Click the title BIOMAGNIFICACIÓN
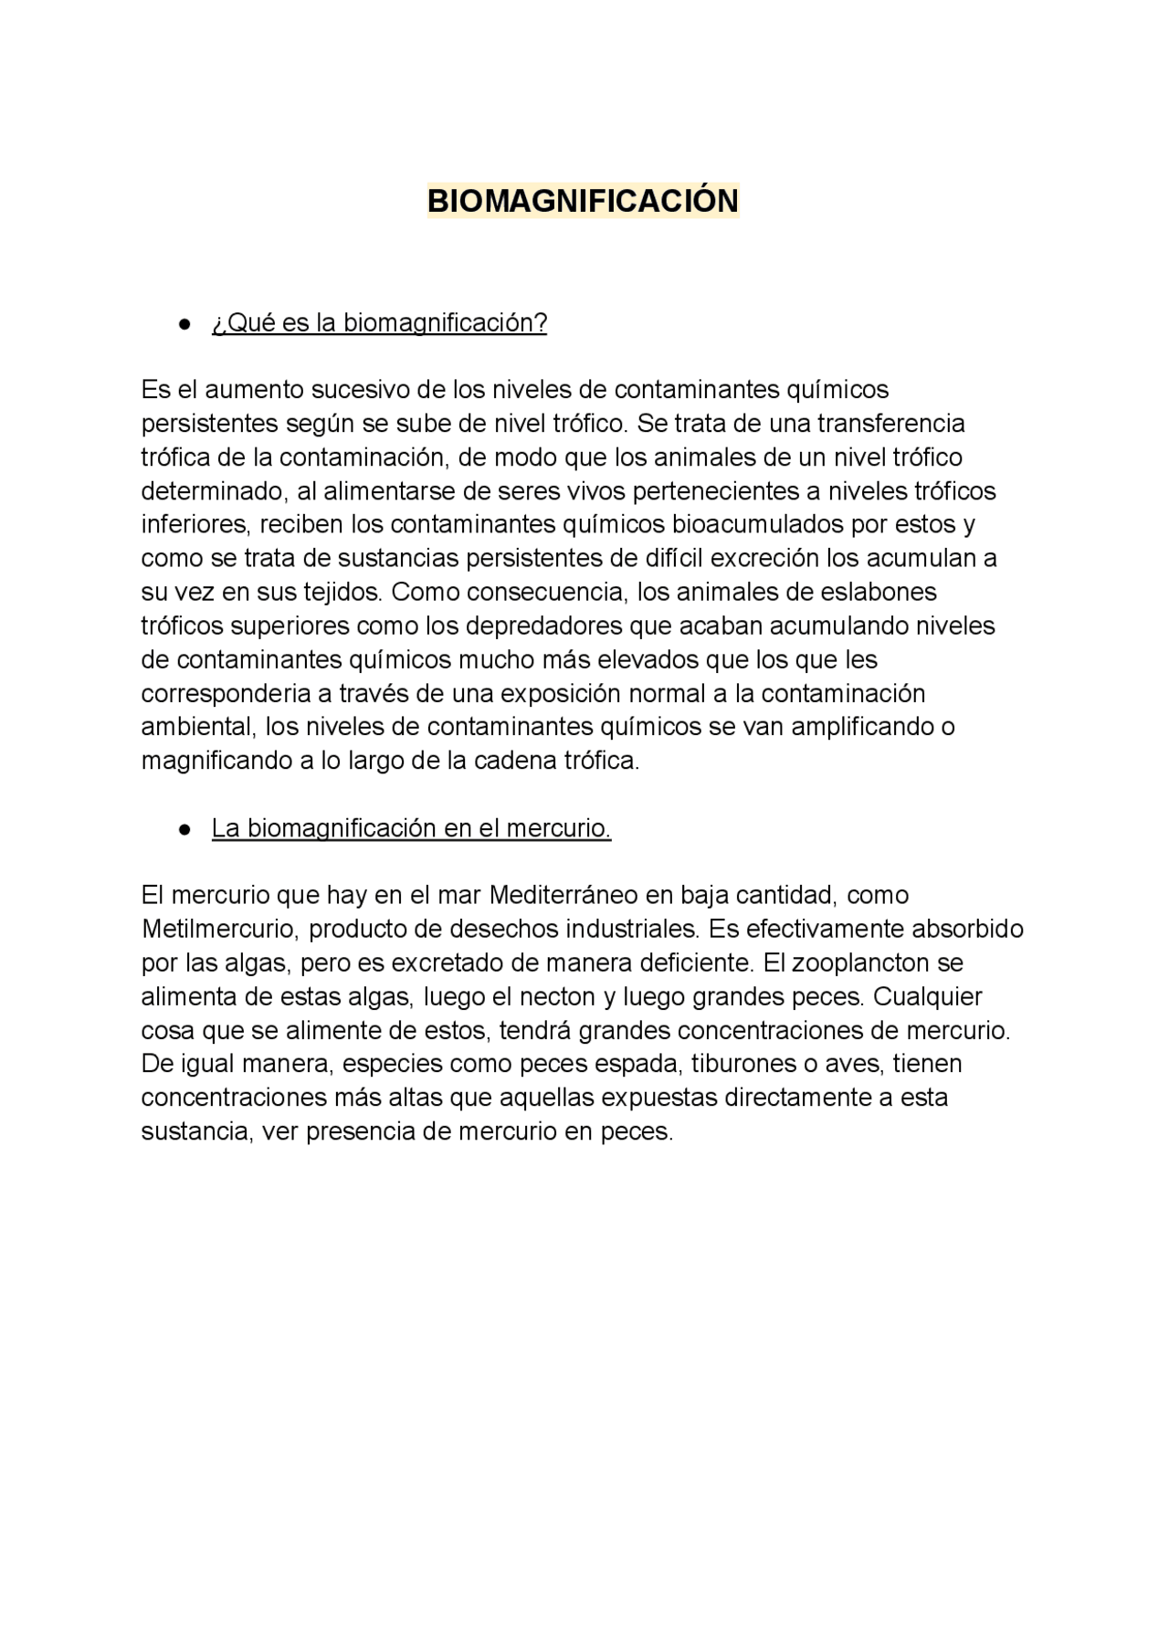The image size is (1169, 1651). coord(583,201)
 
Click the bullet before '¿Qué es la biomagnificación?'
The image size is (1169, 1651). coord(185,324)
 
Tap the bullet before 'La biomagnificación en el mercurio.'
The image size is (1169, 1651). coord(185,829)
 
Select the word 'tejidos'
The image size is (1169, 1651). coord(342,593)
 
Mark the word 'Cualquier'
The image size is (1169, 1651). coord(928,997)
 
